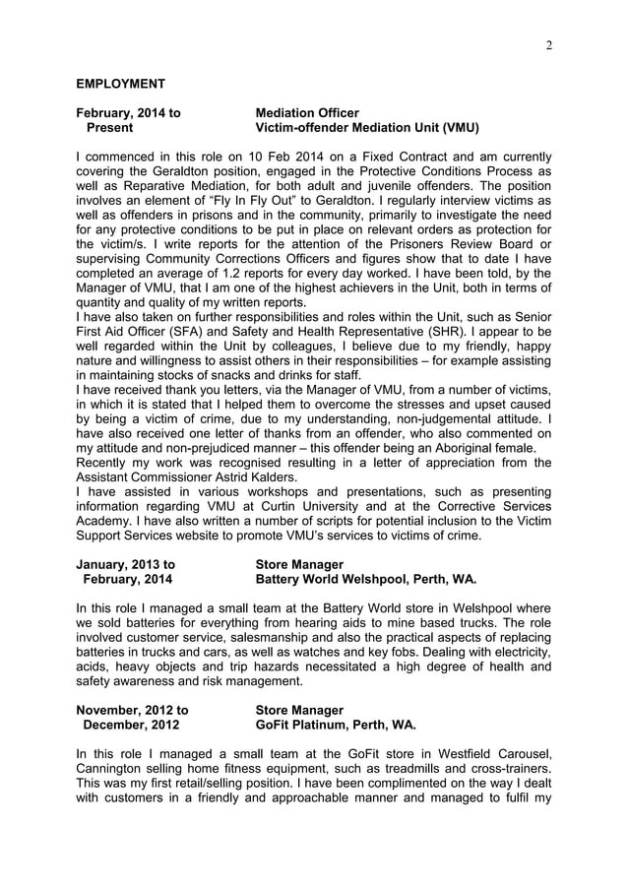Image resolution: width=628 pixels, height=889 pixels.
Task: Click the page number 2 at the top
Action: pos(548,45)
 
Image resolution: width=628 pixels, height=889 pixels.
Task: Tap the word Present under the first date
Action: pos(110,128)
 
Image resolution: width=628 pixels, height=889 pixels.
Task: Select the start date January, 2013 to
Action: pos(125,565)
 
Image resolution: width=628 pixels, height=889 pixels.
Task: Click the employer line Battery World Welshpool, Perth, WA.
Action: pos(365,580)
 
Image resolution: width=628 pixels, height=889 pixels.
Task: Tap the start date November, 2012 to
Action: pos(132,710)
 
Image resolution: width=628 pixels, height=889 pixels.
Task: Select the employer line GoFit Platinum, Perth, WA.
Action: pos(335,725)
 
